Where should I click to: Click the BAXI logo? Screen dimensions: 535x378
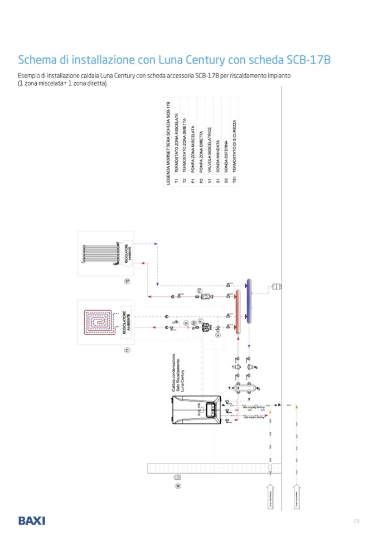pyautogui.click(x=31, y=520)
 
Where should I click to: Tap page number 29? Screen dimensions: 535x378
pyautogui.click(x=356, y=520)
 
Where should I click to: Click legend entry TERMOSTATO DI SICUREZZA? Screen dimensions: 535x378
pyautogui.click(x=235, y=151)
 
